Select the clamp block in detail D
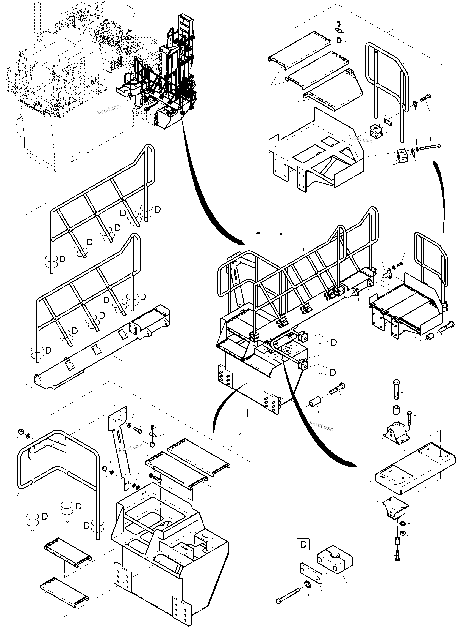point(335,561)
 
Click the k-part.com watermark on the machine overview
point(109,110)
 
